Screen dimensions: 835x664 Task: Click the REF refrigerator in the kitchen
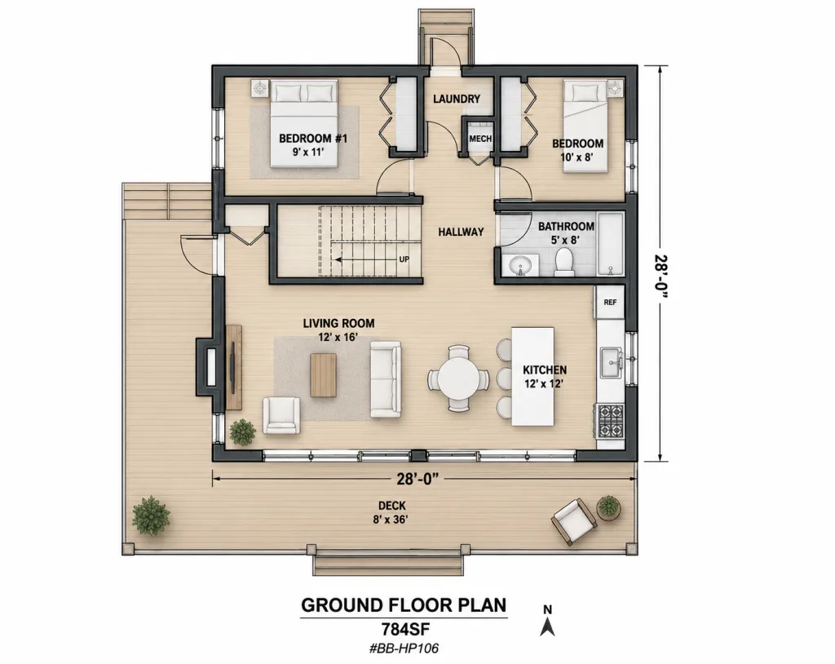(610, 302)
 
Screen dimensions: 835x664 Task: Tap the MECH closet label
(479, 139)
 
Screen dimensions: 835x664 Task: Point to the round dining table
(458, 378)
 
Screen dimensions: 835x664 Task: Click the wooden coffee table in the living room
(324, 375)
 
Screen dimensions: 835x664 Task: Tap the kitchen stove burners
(610, 420)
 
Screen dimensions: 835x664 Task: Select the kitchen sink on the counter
(610, 362)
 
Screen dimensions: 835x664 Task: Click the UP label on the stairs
(404, 259)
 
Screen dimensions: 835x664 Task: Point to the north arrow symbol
(547, 621)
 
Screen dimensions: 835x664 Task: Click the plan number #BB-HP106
(404, 649)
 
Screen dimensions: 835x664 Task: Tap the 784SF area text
(404, 630)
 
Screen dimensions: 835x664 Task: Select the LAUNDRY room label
(457, 99)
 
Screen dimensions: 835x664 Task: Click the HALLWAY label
(461, 232)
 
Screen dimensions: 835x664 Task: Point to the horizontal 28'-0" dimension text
(417, 479)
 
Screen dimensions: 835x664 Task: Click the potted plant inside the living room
(243, 432)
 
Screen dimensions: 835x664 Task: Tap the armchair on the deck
(574, 522)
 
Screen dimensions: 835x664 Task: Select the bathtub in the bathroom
(610, 244)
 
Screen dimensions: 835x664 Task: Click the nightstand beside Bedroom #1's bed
(260, 88)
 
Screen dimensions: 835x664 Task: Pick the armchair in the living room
(281, 415)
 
